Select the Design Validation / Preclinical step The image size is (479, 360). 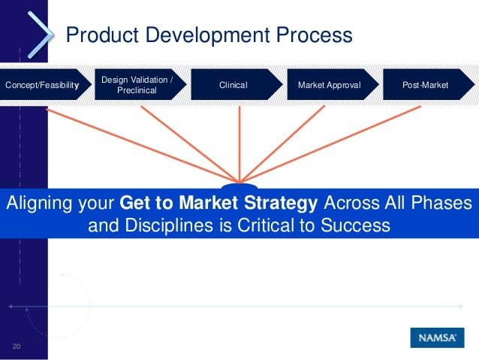pyautogui.click(x=137, y=85)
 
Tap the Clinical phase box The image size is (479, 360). pyautogui.click(x=233, y=85)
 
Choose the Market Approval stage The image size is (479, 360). pyautogui.click(x=329, y=85)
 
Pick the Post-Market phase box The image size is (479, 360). pyautogui.click(x=425, y=85)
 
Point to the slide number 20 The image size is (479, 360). pyautogui.click(x=15, y=346)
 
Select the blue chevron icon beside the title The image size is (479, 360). pyautogui.click(x=42, y=33)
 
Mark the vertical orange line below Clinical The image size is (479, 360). pyautogui.click(x=239, y=143)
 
